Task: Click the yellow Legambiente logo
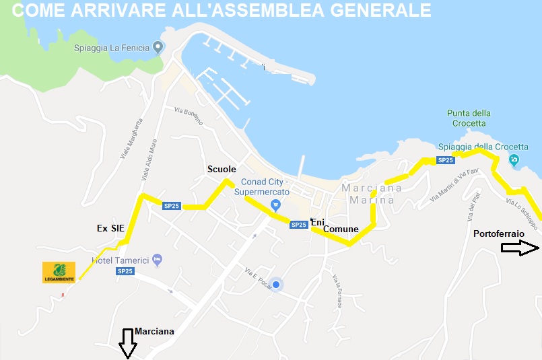coord(59,272)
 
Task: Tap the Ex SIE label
coord(111,229)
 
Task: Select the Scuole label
coord(222,169)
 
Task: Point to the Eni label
coord(318,221)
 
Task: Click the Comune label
coord(341,229)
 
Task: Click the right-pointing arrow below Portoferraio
coord(520,248)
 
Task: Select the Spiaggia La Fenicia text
coord(111,48)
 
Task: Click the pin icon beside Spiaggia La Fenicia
coord(158,47)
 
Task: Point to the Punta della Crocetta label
coord(469,118)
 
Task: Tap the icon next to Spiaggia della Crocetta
coord(514,159)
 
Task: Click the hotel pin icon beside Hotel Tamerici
coord(157,259)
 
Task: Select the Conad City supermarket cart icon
coord(275,205)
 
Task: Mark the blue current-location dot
coord(275,285)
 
